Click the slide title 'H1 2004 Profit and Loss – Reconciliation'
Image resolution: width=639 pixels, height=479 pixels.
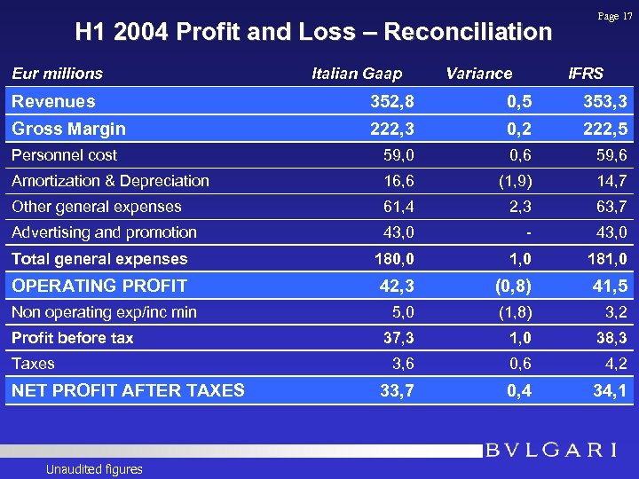(x=313, y=33)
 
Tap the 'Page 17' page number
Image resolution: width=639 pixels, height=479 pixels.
(x=615, y=16)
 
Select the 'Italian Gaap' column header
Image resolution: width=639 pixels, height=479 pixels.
(x=357, y=74)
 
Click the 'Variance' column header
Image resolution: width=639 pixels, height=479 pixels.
(x=478, y=74)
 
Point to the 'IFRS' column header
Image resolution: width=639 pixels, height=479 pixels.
(x=585, y=74)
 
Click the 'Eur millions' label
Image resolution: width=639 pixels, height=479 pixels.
(x=57, y=74)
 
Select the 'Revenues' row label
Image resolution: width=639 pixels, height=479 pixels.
(x=53, y=101)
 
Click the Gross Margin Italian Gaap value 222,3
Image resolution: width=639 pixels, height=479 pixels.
(x=391, y=129)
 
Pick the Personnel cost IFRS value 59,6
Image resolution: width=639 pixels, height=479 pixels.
(x=611, y=155)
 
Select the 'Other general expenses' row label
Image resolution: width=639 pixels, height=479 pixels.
(x=96, y=207)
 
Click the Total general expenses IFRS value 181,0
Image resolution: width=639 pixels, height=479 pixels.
(x=607, y=259)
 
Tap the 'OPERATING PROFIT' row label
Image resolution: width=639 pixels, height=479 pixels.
(x=99, y=286)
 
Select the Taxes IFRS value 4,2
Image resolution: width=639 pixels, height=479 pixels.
(x=614, y=364)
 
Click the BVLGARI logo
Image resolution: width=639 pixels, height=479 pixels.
(x=551, y=450)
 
